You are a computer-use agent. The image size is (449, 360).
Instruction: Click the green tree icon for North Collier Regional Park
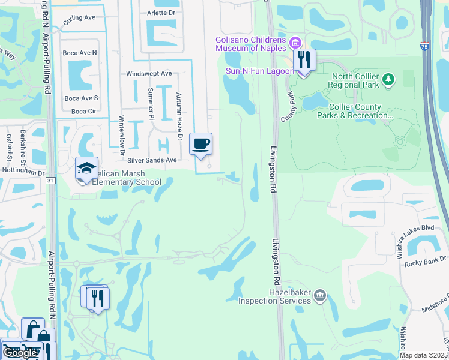point(388,79)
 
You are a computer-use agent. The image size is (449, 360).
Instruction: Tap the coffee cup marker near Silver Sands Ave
point(201,145)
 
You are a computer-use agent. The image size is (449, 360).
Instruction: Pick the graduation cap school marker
point(86,169)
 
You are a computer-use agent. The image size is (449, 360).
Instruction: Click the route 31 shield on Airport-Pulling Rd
point(50,181)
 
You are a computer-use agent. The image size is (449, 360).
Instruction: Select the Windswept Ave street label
point(149,74)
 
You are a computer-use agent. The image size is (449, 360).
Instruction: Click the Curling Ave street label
point(79,18)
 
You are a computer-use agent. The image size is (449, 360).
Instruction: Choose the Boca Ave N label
point(80,53)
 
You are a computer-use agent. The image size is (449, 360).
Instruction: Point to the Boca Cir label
point(83,111)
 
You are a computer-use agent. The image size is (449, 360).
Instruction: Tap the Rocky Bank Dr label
point(426,259)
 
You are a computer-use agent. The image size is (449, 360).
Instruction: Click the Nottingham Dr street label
point(24,173)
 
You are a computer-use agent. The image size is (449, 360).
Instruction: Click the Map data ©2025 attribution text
point(423,355)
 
